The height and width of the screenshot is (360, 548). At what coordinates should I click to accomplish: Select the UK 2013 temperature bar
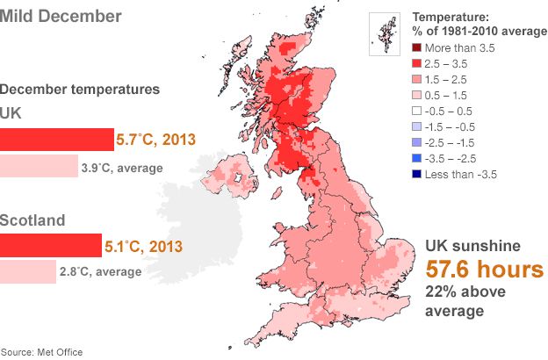coord(57,139)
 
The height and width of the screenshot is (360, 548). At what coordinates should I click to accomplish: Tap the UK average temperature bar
coord(39,167)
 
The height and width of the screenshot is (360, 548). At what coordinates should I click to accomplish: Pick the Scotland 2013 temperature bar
coord(51,245)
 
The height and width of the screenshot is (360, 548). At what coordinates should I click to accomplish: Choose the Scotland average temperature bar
coord(27,271)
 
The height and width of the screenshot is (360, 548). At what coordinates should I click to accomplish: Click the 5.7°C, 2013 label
coord(155,139)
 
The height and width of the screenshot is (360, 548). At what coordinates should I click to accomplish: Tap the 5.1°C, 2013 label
coord(144,246)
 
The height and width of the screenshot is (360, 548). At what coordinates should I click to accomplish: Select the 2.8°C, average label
coord(100,271)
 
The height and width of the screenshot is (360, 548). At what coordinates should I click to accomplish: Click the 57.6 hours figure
coord(485,269)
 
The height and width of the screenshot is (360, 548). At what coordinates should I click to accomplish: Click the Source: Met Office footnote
coord(42,352)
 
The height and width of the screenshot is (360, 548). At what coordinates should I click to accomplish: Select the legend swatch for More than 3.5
coord(417,47)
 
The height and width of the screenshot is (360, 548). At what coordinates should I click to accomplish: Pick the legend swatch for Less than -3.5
coord(417,174)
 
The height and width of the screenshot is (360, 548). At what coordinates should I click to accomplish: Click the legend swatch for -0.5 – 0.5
coord(417,111)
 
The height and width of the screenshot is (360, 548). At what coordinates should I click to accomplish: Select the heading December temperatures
coord(80,89)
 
